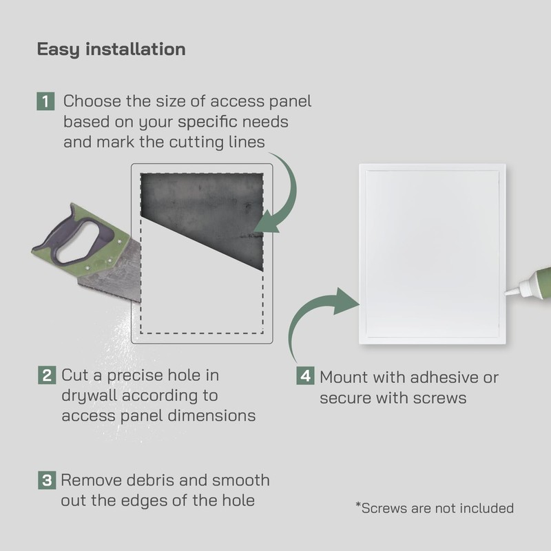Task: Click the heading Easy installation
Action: [x=111, y=50]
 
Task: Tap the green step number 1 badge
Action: [x=45, y=102]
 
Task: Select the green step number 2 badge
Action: [x=46, y=376]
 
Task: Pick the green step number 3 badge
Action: [x=45, y=480]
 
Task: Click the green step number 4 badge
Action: [x=305, y=377]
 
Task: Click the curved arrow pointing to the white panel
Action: [x=317, y=317]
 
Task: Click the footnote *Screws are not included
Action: [x=435, y=508]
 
